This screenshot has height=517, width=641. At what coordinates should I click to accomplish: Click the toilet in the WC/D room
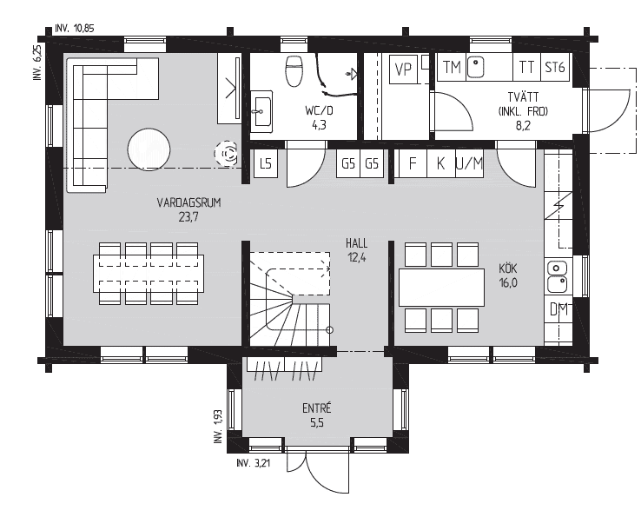click(x=294, y=70)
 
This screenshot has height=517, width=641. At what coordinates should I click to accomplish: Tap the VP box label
click(x=403, y=70)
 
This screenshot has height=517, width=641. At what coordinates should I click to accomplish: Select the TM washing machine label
click(x=452, y=68)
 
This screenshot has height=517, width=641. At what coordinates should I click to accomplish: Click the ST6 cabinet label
click(x=555, y=67)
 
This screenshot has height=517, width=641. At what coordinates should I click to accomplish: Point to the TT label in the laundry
click(x=526, y=67)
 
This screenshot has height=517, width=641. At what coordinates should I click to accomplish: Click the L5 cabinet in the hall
click(x=266, y=163)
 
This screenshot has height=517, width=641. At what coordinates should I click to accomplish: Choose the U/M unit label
click(x=469, y=163)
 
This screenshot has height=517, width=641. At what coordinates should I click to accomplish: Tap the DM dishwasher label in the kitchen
click(x=558, y=309)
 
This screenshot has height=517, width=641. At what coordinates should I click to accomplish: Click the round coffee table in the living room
click(x=149, y=149)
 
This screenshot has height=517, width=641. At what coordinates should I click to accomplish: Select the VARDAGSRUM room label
click(x=188, y=202)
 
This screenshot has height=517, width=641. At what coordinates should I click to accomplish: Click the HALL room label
click(x=356, y=244)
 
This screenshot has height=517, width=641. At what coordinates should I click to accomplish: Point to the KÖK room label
click(x=508, y=268)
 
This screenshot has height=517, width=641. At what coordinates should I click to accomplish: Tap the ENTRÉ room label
click(x=317, y=408)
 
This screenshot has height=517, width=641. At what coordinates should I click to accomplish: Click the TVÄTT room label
click(x=523, y=97)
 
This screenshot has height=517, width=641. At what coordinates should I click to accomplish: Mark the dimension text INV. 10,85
click(x=75, y=28)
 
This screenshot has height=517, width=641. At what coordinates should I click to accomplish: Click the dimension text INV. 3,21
click(x=253, y=463)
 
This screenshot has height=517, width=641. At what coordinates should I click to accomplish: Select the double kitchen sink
click(x=557, y=277)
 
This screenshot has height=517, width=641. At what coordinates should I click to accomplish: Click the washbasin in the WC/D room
click(x=261, y=111)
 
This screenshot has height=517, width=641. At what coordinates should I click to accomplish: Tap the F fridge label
click(x=412, y=163)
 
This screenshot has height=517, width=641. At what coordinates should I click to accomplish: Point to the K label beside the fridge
click(x=440, y=163)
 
